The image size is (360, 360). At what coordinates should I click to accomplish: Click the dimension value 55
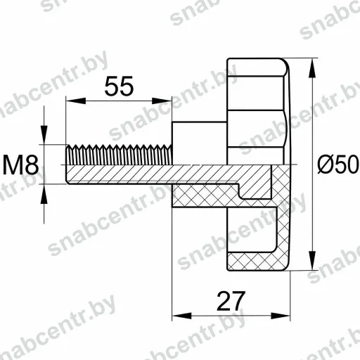coord(119,86)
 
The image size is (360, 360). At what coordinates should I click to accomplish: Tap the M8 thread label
coord(20,165)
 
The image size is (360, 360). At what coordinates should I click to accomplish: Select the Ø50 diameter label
coord(337,165)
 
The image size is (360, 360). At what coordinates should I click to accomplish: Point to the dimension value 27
coord(231,301)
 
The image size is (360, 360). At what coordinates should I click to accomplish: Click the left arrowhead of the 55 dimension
coord(76,101)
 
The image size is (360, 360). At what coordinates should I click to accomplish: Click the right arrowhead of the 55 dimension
coord(162,101)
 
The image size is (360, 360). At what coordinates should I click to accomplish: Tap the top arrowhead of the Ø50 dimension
coord(312,67)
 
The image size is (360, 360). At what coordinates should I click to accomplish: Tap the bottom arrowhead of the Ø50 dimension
coord(312,260)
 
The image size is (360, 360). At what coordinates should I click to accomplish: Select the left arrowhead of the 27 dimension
coord(181,316)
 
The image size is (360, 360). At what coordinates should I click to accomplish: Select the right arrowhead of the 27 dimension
coord(281,316)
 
